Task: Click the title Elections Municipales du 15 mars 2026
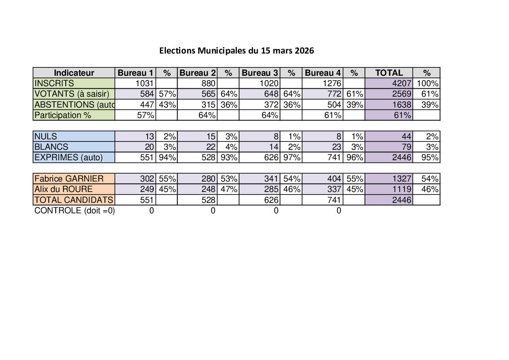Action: [x=236, y=50]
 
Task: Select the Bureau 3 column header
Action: [x=260, y=73]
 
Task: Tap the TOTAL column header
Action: [x=389, y=73]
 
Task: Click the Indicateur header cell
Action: [x=74, y=73]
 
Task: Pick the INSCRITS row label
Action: [x=54, y=83]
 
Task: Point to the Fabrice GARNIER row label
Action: [x=69, y=178]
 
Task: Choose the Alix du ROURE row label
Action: [x=64, y=189]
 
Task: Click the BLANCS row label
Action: [x=51, y=147]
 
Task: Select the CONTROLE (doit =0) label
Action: [x=74, y=211]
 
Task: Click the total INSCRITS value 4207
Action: [x=401, y=83]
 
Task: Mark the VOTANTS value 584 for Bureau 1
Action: [x=148, y=94]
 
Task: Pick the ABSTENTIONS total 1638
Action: [x=401, y=104]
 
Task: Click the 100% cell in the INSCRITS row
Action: [x=428, y=83]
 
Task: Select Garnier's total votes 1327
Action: [x=401, y=178]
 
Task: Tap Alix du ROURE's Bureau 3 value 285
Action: [x=271, y=189]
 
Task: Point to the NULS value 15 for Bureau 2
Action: [x=211, y=137]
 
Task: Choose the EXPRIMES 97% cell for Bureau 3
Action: [x=292, y=158]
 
